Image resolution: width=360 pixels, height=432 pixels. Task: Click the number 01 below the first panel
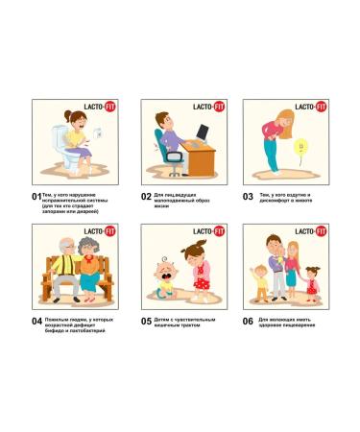click(36, 196)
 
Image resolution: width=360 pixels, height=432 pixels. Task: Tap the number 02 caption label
click(147, 196)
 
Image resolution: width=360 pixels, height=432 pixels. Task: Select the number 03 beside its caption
click(248, 196)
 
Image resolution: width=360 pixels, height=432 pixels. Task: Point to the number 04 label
click(36, 321)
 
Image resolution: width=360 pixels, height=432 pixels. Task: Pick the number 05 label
click(147, 321)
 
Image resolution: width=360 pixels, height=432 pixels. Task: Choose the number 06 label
click(248, 321)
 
